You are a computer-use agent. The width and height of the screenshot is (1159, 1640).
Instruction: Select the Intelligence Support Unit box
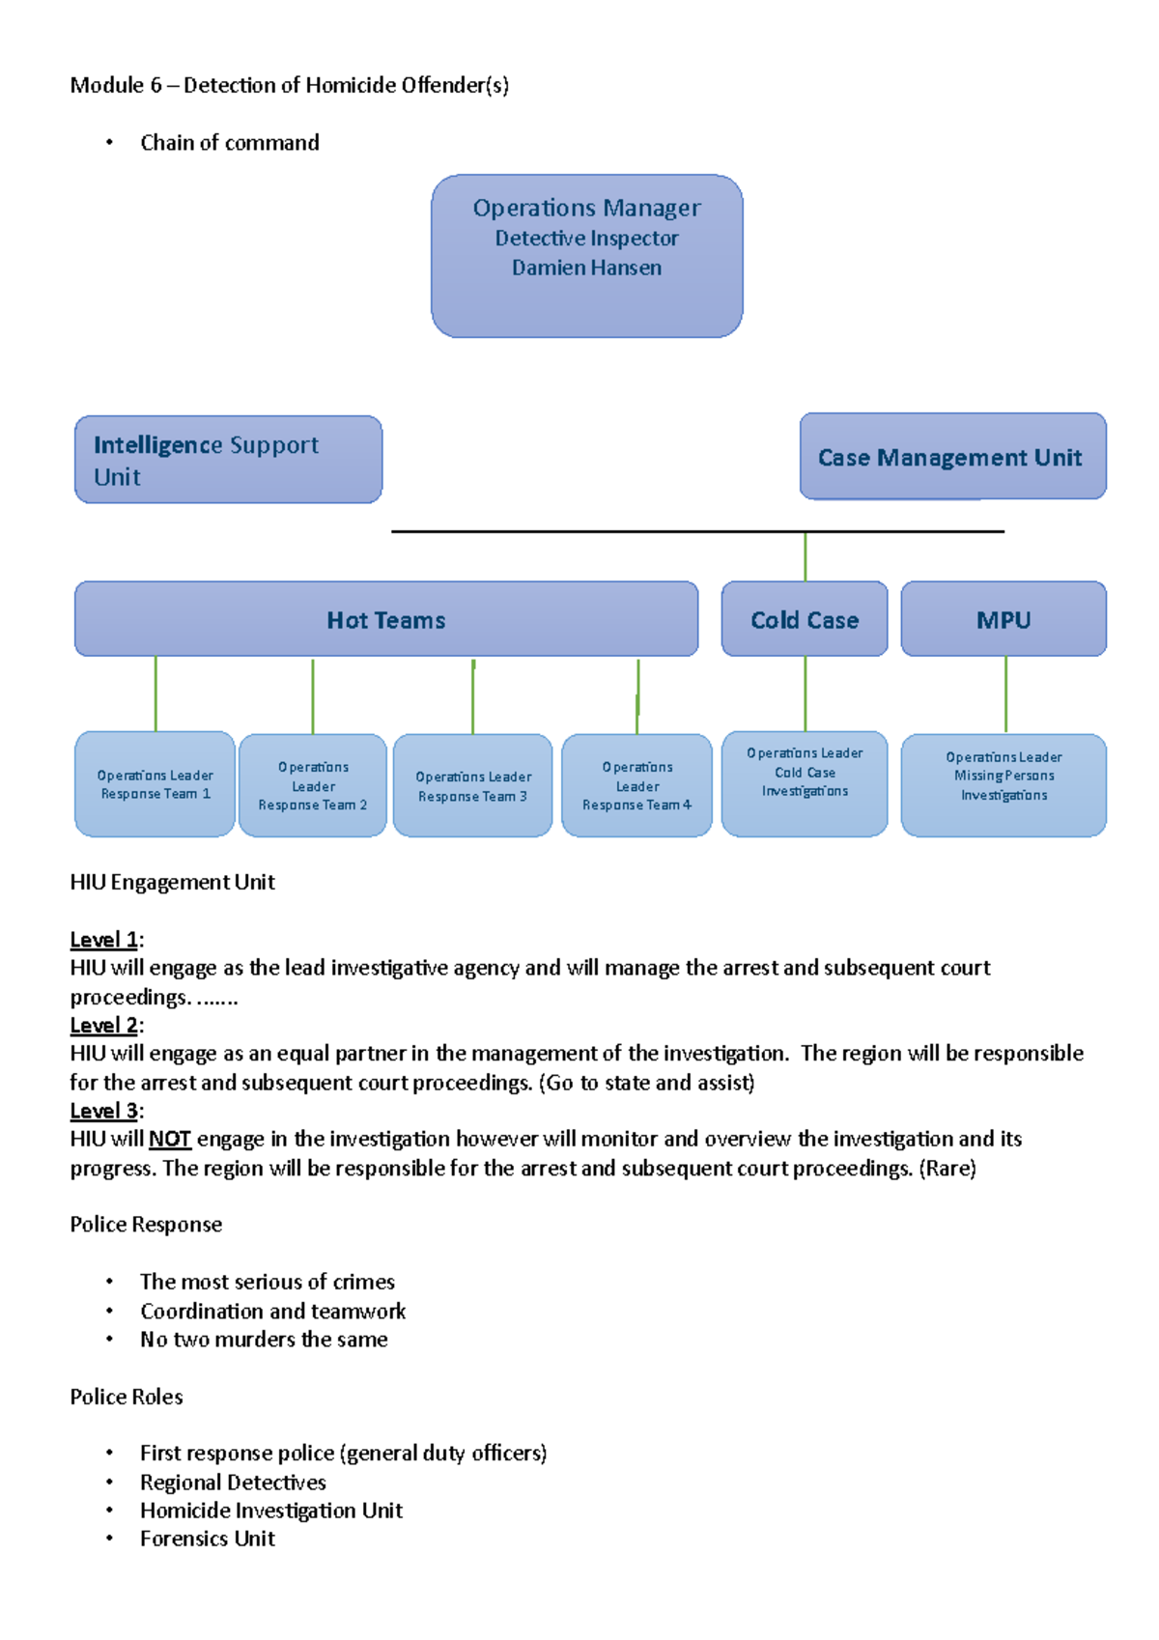click(x=228, y=460)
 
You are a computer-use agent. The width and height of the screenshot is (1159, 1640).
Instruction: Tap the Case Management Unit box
click(x=952, y=457)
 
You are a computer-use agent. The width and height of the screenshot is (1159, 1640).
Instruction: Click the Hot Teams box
click(x=385, y=620)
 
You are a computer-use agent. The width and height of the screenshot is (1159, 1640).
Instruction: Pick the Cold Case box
click(x=805, y=620)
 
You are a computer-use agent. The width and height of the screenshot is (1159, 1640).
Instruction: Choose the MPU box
click(x=1004, y=620)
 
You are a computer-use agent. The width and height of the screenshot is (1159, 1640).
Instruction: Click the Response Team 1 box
click(x=155, y=784)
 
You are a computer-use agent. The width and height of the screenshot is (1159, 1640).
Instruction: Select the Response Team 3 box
click(x=472, y=786)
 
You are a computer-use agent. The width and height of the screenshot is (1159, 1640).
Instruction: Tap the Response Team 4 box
click(x=636, y=786)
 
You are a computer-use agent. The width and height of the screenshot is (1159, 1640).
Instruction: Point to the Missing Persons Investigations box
click(x=1004, y=784)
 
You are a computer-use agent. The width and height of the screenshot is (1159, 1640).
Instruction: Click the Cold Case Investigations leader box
click(x=805, y=782)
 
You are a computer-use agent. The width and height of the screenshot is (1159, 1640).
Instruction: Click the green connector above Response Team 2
click(x=313, y=695)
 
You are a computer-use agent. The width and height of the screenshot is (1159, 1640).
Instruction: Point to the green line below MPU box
click(x=1005, y=693)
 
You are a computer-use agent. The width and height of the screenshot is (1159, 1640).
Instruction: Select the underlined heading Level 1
click(x=103, y=940)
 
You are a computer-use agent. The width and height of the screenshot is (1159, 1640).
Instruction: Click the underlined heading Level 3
click(x=103, y=1111)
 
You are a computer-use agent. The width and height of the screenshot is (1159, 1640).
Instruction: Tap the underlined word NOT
click(x=170, y=1140)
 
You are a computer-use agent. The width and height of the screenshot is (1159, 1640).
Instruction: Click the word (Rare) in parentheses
click(x=947, y=1169)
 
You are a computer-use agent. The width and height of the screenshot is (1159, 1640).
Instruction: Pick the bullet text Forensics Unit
click(x=208, y=1539)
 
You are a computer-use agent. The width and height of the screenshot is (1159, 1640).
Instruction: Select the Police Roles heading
click(x=127, y=1397)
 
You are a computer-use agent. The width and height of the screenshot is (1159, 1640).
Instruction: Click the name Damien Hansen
click(x=586, y=268)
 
